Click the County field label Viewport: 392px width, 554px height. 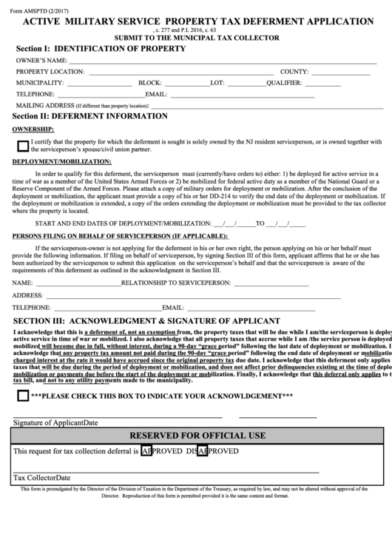coord(293,72)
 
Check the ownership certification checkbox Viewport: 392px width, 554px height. coord(22,146)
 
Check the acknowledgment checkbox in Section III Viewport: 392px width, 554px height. coord(22,396)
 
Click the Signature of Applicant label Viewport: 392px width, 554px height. coord(55,422)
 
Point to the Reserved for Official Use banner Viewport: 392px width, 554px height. coord(197,434)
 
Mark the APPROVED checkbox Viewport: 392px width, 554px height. coord(146,450)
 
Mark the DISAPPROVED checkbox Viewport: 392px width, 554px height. coord(203,450)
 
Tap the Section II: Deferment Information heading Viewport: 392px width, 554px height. coord(89,115)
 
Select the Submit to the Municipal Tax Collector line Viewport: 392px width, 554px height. coord(196,38)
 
